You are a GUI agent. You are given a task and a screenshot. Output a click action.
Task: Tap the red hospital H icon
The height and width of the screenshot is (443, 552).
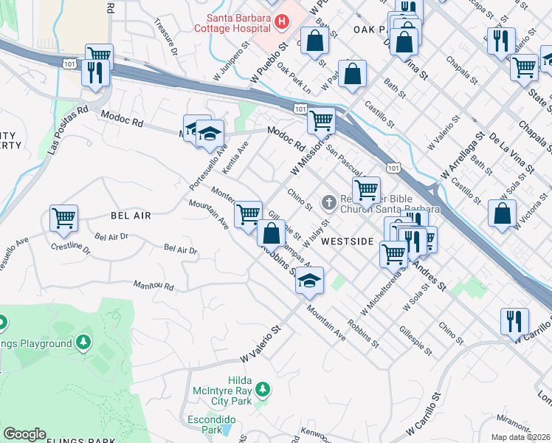pyautogui.click(x=280, y=23)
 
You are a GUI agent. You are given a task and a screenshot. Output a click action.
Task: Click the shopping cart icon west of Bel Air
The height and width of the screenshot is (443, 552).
pyautogui.click(x=64, y=218)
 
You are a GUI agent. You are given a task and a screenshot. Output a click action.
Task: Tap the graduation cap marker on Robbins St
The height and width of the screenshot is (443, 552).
pyautogui.click(x=310, y=280)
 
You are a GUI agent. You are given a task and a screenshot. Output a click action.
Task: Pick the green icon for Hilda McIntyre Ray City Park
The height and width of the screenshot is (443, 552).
pyautogui.click(x=259, y=388)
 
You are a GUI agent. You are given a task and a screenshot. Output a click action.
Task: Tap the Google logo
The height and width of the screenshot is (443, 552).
pyautogui.click(x=24, y=434)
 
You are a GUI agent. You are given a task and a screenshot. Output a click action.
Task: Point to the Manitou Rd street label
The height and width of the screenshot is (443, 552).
pyautogui.click(x=153, y=286)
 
